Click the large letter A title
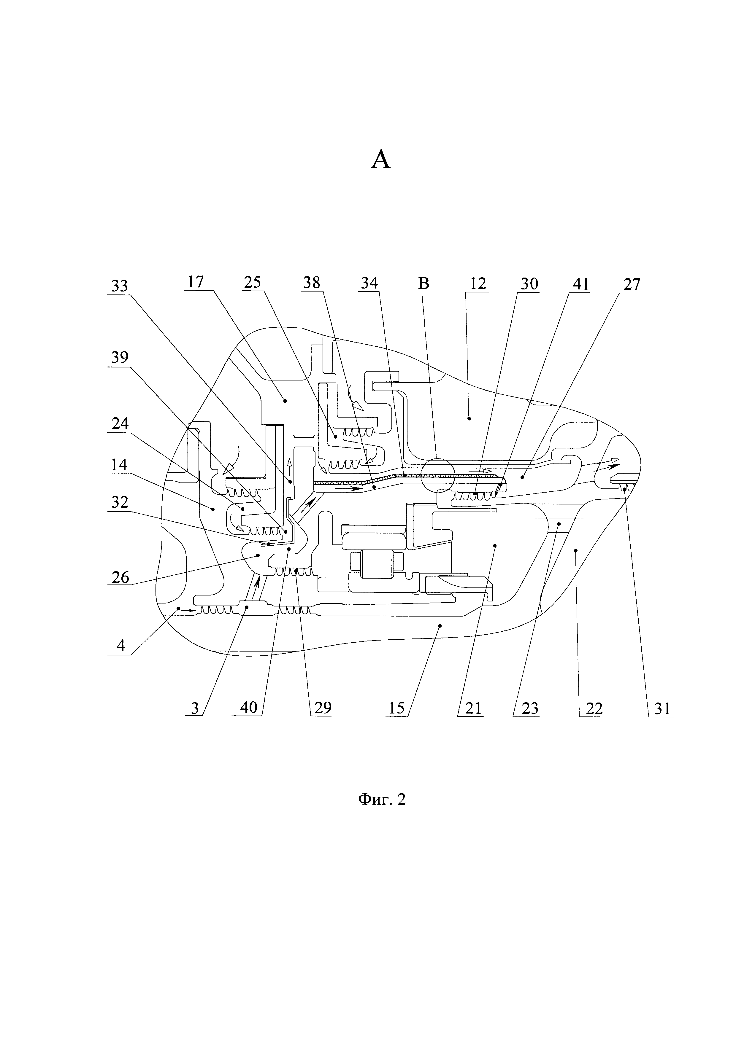click(381, 160)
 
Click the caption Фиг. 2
click(382, 799)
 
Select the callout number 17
click(195, 282)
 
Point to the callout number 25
click(253, 282)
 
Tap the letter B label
click(424, 284)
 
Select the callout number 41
click(580, 284)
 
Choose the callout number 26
click(120, 577)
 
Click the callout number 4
click(120, 645)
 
